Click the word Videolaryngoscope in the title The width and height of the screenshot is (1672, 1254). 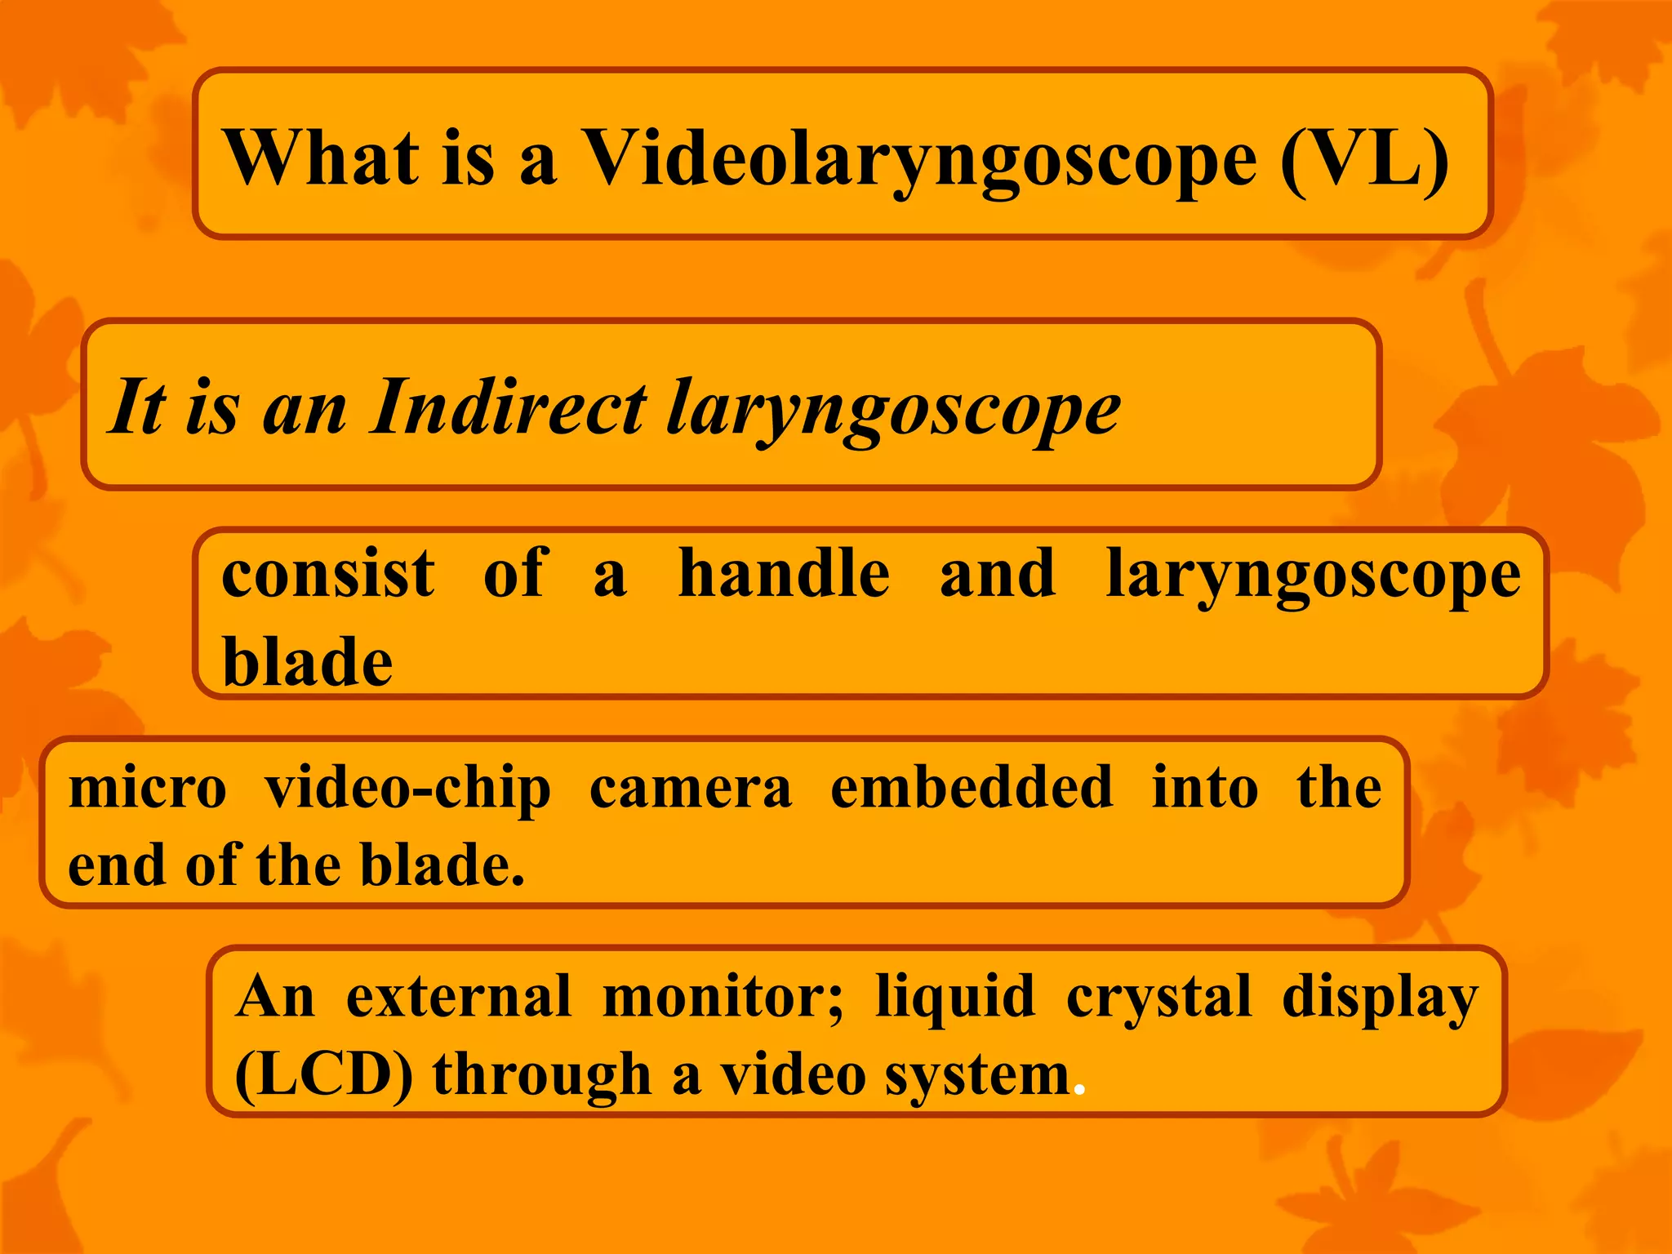[x=918, y=159]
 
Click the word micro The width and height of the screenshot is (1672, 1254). [x=148, y=789]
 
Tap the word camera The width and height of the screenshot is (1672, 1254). [x=691, y=789]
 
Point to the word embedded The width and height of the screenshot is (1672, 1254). [x=972, y=787]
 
